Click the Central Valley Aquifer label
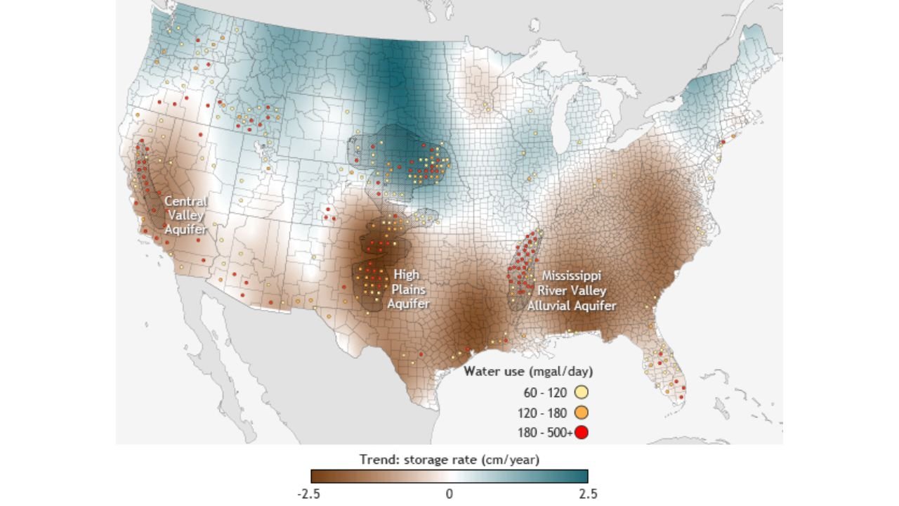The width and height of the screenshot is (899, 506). click(186, 215)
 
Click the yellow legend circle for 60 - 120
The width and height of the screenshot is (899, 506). click(581, 393)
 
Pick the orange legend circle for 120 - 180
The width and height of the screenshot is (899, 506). click(581, 413)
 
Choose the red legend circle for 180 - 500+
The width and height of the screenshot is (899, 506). click(581, 432)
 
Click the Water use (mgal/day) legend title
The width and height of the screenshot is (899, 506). click(528, 371)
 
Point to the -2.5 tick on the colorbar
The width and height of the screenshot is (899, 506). click(309, 493)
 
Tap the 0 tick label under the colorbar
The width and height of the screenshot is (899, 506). click(449, 493)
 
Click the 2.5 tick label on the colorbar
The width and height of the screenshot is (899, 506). click(589, 493)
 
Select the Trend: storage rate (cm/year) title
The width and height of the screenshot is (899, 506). click(449, 460)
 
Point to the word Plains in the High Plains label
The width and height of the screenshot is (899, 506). click(408, 289)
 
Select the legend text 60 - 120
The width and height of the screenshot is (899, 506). click(549, 393)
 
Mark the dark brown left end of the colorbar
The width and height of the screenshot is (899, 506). click(316, 476)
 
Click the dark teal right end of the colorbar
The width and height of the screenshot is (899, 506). click(583, 476)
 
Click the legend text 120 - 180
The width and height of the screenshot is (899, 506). click(549, 413)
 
